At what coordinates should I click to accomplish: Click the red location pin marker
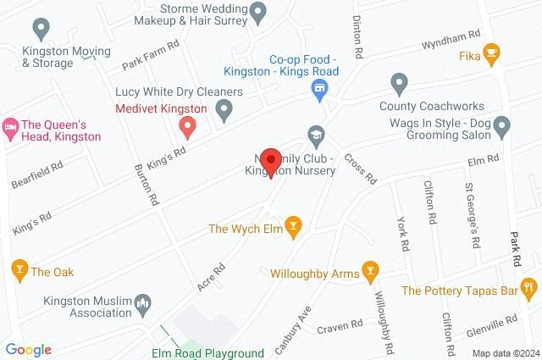pos(271,161)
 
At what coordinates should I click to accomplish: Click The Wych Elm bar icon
pos(293,225)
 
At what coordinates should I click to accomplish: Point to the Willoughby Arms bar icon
pos(369,271)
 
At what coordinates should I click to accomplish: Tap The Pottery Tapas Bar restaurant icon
pos(529,289)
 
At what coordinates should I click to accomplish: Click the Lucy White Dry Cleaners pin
pos(224,108)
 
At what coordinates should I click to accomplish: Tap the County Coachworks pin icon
pos(400,83)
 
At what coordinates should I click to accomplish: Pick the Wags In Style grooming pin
pos(501,128)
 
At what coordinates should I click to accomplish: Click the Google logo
pos(28,350)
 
